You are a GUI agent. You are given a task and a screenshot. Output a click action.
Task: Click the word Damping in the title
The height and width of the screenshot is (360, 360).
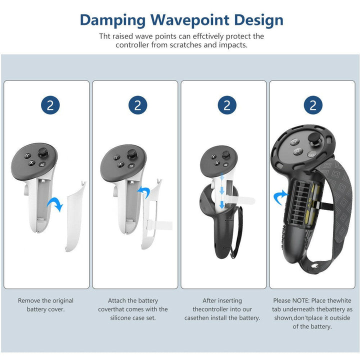[112, 20]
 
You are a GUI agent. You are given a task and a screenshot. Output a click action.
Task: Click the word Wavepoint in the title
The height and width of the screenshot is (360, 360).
[190, 20]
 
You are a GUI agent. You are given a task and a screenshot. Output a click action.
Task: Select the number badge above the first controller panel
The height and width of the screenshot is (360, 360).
[50, 105]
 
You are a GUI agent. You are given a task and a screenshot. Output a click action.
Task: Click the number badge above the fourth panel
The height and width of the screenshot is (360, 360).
[313, 105]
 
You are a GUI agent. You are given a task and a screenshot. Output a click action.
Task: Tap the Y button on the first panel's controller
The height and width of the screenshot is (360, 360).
[28, 155]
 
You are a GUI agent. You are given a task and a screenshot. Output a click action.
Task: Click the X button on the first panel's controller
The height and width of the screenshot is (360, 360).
[31, 162]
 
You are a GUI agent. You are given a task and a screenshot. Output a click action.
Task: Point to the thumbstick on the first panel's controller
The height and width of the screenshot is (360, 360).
[42, 152]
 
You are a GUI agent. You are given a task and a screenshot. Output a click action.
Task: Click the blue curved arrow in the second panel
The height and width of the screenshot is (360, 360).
[144, 192]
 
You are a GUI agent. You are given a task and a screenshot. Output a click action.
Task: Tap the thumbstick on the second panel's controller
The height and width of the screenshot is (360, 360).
[132, 154]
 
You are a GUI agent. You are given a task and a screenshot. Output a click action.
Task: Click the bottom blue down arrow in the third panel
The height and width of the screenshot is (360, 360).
[221, 204]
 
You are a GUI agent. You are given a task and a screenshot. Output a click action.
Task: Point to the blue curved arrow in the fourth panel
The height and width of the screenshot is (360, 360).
[280, 197]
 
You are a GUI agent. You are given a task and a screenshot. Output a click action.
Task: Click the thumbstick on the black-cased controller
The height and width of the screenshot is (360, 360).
[313, 138]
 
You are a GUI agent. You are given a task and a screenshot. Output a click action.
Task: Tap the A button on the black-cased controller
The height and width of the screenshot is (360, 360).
[298, 151]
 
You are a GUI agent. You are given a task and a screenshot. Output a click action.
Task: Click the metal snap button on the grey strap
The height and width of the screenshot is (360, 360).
[314, 266]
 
